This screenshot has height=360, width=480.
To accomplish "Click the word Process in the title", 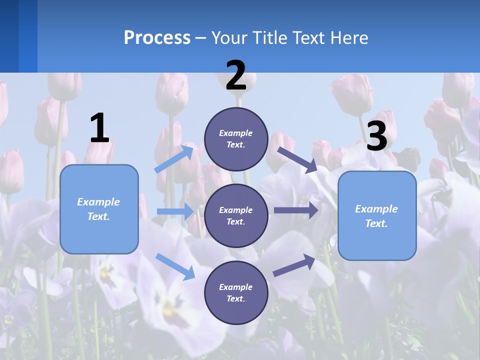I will pyautogui.click(x=157, y=38).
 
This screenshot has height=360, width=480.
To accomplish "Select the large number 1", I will pyautogui.click(x=99, y=128).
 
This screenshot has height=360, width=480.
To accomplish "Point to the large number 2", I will pyautogui.click(x=236, y=75).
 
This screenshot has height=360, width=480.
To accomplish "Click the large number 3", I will pyautogui.click(x=376, y=136).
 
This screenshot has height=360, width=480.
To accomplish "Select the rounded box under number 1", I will pyautogui.click(x=99, y=209).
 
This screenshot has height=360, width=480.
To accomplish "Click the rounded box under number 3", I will pyautogui.click(x=377, y=215).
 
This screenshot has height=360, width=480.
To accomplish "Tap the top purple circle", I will pyautogui.click(x=236, y=139).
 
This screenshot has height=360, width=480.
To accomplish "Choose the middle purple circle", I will pyautogui.click(x=236, y=215).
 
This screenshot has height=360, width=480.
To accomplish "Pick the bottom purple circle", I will pyautogui.click(x=236, y=292).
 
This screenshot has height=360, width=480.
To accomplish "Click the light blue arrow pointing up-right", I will pyautogui.click(x=174, y=158).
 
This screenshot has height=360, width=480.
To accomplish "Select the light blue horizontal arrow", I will pyautogui.click(x=174, y=211).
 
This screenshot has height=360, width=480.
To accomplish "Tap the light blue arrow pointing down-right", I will pyautogui.click(x=175, y=266).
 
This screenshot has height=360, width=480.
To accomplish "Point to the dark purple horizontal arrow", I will pyautogui.click(x=295, y=210).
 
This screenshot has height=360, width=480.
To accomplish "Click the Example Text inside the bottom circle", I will pyautogui.click(x=236, y=292).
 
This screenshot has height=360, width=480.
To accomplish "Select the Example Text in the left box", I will pyautogui.click(x=98, y=209).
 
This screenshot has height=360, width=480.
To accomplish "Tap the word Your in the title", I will pyautogui.click(x=229, y=38).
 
